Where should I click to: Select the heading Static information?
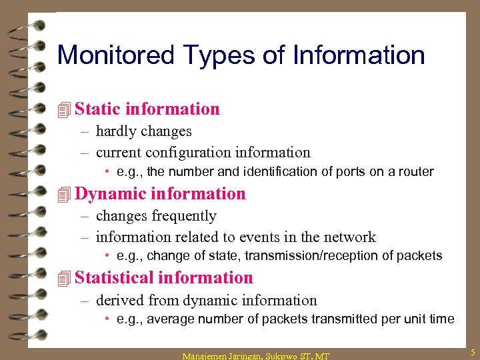point(147,109)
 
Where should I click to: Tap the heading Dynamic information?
point(161,193)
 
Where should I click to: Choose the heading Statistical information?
point(164,277)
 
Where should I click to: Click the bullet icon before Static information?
point(64,109)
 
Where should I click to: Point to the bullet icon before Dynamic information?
point(64,194)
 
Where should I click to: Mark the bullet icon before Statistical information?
point(64,278)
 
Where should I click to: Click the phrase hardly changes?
point(143,131)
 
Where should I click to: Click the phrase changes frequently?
point(156,216)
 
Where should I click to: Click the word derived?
point(121,301)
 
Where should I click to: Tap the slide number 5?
point(472,351)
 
